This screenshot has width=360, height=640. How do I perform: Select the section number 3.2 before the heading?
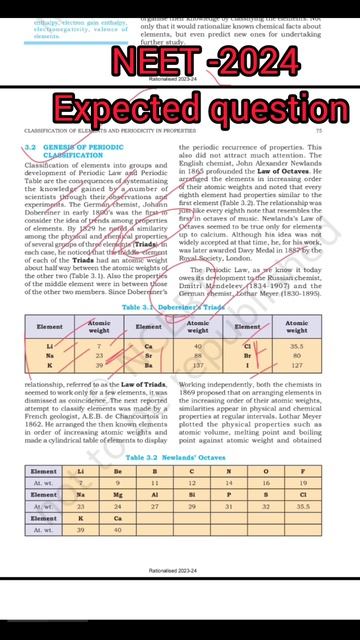click(30, 147)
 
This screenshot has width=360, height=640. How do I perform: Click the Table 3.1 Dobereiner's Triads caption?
click(179, 308)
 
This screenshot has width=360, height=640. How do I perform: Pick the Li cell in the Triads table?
click(49, 345)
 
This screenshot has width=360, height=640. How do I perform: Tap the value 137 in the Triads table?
click(198, 365)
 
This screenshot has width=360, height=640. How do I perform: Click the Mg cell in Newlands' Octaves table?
click(117, 494)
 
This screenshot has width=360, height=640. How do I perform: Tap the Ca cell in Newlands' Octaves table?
click(117, 518)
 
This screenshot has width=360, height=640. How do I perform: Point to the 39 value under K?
click(81, 530)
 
